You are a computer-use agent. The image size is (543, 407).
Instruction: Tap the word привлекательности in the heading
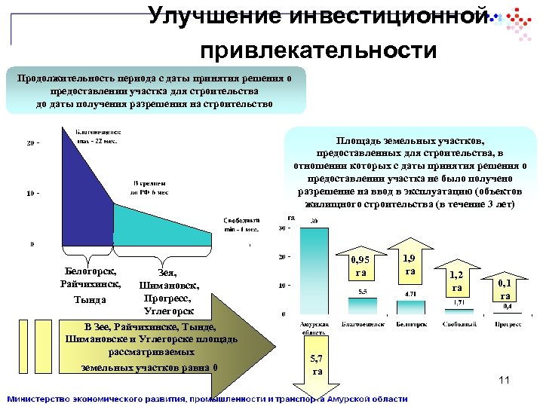click(x=318, y=50)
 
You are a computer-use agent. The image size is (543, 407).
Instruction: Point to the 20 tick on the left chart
click(x=31, y=142)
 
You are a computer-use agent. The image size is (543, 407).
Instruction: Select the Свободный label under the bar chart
click(x=457, y=324)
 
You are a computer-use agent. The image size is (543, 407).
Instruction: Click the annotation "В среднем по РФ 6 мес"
click(x=150, y=188)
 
